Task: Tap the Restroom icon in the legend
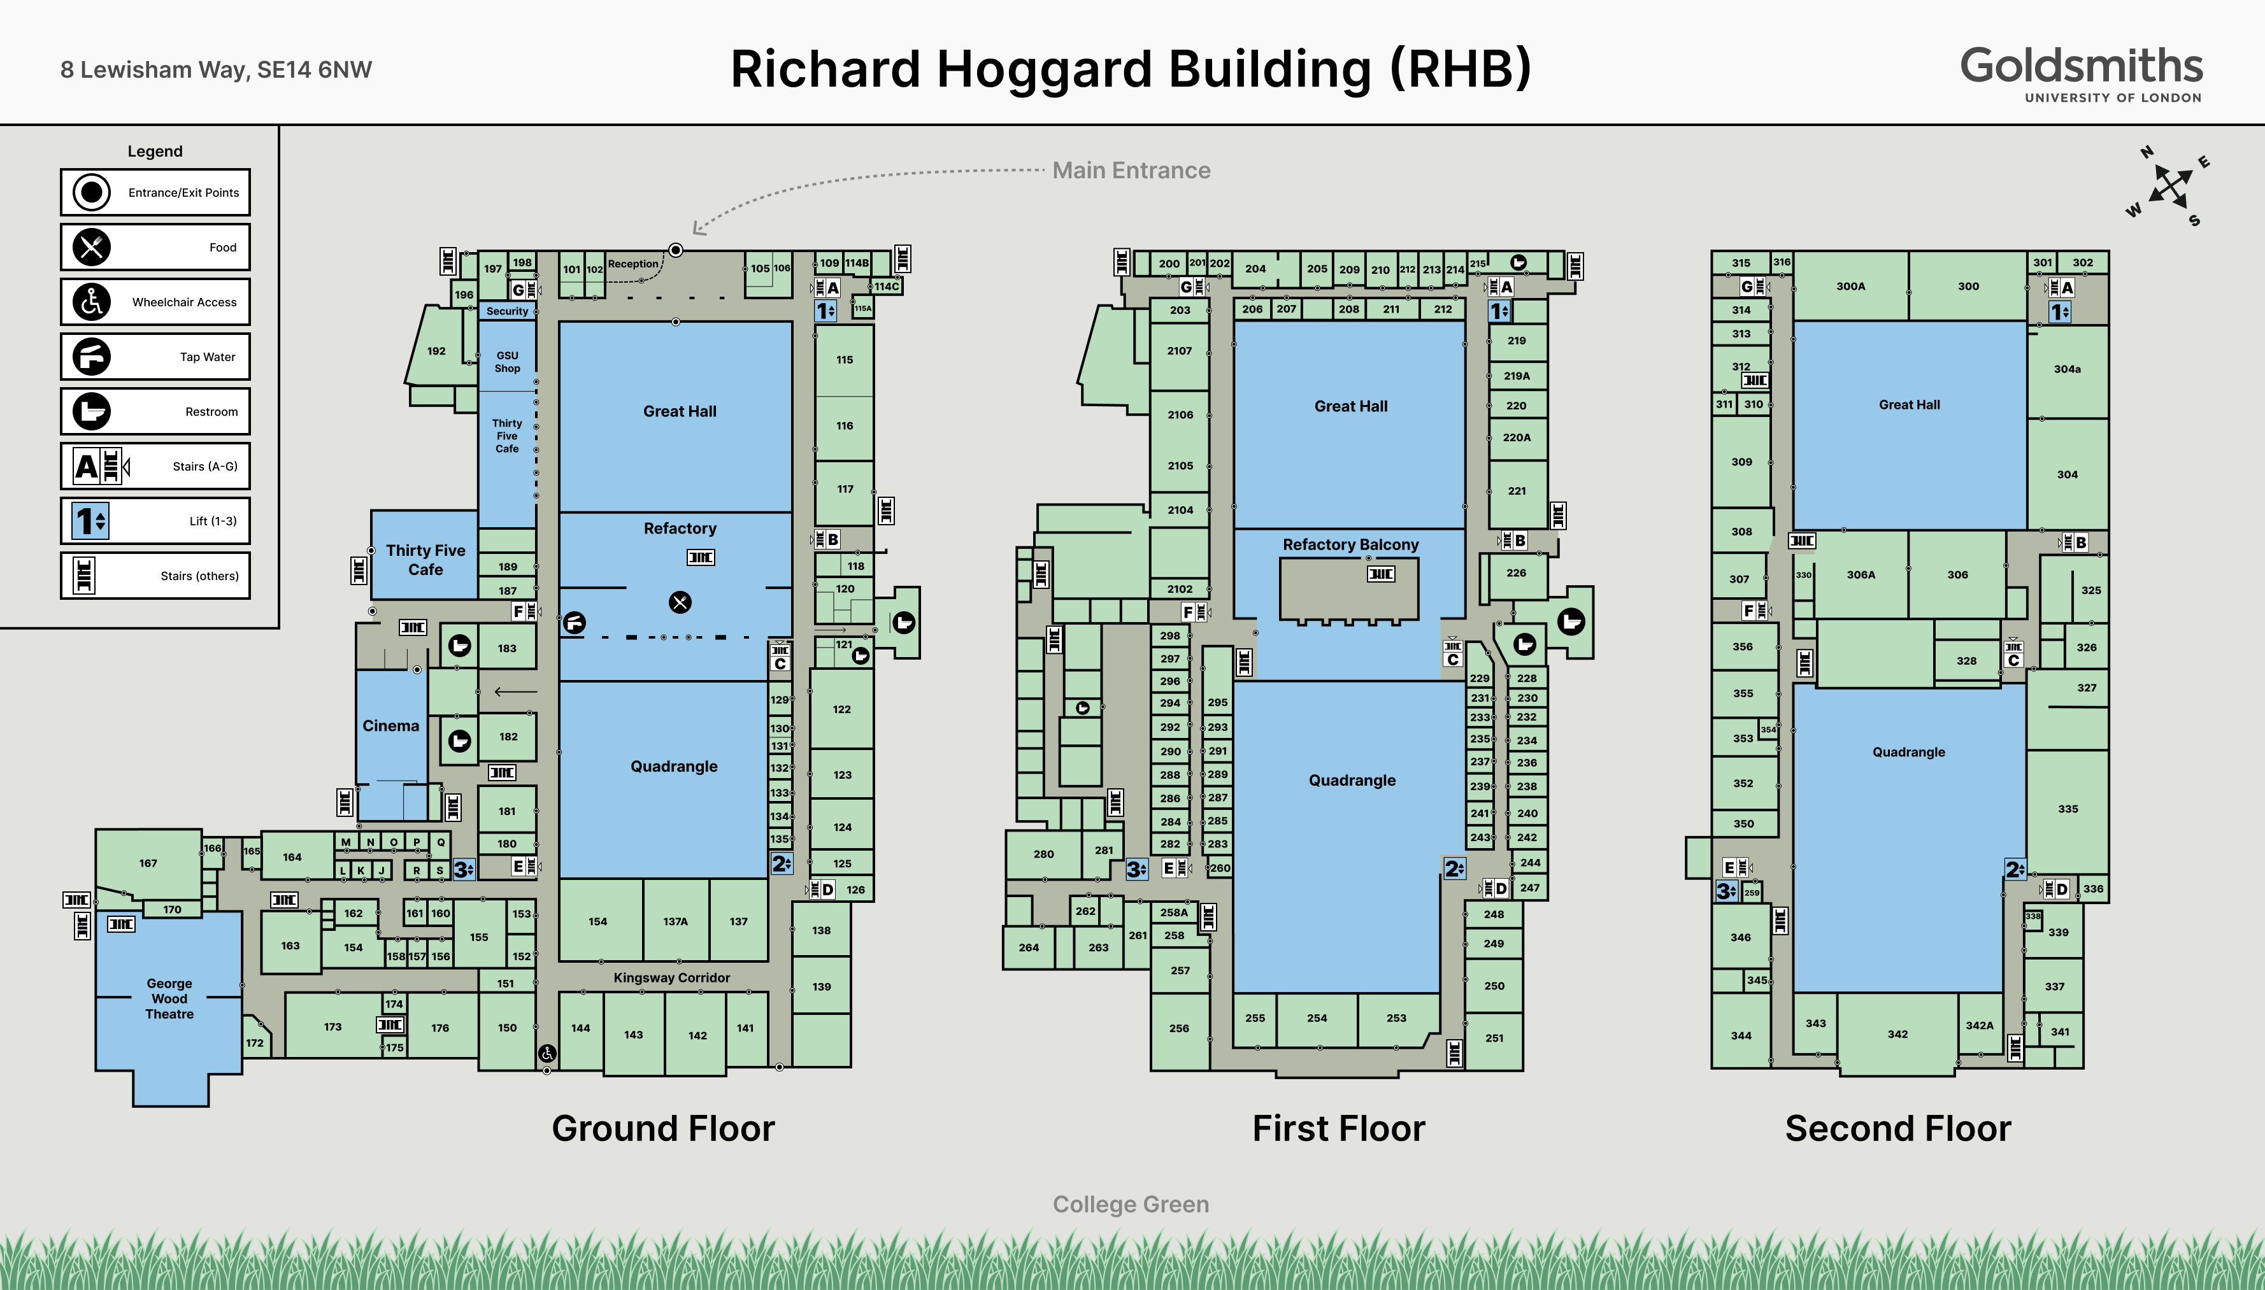91,411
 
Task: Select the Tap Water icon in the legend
91,356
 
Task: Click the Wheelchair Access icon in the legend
91,301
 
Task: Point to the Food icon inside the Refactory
680,602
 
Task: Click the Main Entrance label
1131,170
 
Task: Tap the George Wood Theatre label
169,998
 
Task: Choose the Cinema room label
391,726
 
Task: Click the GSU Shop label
508,362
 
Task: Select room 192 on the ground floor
436,351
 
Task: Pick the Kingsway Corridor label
672,977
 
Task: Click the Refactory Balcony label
1350,544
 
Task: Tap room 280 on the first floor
1044,854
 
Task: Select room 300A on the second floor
1850,286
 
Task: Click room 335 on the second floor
2068,809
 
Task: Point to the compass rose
2170,186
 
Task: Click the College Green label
1131,1204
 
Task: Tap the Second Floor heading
1898,1128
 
